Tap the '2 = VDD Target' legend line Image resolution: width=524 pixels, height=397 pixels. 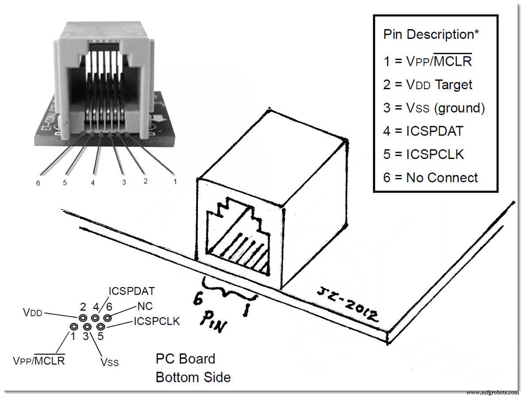(x=428, y=84)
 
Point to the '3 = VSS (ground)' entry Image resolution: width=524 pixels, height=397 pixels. (x=434, y=108)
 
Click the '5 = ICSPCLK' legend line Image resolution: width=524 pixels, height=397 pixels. (x=423, y=154)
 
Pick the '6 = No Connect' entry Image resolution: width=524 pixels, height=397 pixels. (x=430, y=178)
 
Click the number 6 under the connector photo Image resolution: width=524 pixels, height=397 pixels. (x=38, y=183)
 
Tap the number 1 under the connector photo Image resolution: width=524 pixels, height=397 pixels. (x=175, y=181)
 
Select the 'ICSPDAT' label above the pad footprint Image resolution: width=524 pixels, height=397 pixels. (x=131, y=291)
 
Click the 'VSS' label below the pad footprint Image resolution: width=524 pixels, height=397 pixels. (x=109, y=362)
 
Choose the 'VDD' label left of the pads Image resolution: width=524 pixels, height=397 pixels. (x=33, y=313)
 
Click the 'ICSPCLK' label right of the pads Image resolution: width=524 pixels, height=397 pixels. (x=156, y=321)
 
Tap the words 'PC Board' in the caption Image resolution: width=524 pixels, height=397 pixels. (x=185, y=359)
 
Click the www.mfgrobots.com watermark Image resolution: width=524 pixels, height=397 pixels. (x=492, y=392)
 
